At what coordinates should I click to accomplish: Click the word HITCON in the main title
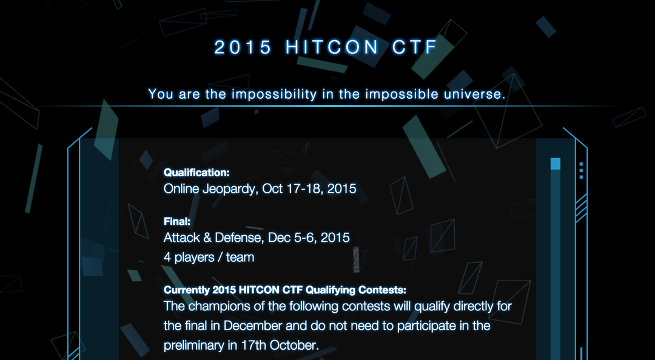[332, 48]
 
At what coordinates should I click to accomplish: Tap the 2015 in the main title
[243, 48]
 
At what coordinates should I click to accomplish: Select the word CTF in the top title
[414, 48]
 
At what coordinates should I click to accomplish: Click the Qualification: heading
[196, 173]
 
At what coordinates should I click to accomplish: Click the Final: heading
[177, 221]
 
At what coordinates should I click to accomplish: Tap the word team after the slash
[240, 258]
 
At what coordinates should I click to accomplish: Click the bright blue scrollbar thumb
[555, 164]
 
